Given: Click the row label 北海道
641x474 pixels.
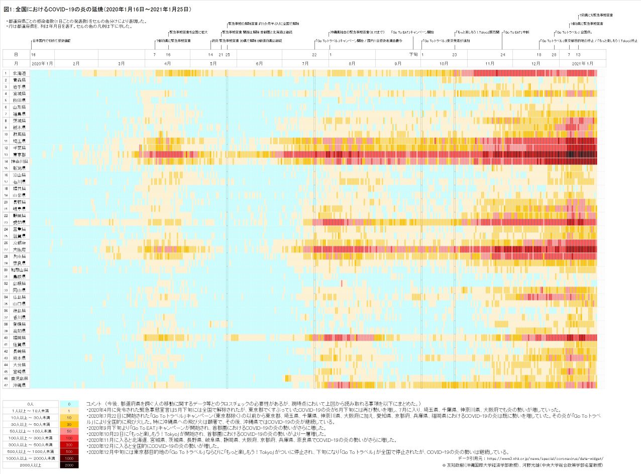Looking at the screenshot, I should (20, 73).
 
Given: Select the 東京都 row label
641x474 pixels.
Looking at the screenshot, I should (20, 155).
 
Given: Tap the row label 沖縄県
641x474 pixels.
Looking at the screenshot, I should (20, 385).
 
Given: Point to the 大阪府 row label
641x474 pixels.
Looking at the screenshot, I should (20, 249).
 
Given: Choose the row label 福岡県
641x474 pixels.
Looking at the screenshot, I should (20, 338).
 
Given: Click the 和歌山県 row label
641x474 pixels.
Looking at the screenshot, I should (20, 270).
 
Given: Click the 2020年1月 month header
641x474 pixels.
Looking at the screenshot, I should (42, 63).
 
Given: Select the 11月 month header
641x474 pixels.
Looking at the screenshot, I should (490, 63).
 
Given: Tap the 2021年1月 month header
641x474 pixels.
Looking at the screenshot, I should (583, 63).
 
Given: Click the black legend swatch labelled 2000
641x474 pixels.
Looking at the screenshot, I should (68, 465).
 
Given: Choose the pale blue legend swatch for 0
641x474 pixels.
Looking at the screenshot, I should (68, 404).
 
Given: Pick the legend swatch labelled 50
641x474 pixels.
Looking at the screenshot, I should (68, 431).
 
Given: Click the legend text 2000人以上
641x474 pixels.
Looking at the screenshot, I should (31, 465).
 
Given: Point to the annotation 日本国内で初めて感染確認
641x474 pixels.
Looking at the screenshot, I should (51, 40).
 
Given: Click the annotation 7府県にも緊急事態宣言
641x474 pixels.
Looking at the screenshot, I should (596, 16).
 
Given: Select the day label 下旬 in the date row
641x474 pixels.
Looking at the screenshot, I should (413, 54).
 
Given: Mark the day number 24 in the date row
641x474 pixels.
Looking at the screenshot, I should (503, 54).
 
